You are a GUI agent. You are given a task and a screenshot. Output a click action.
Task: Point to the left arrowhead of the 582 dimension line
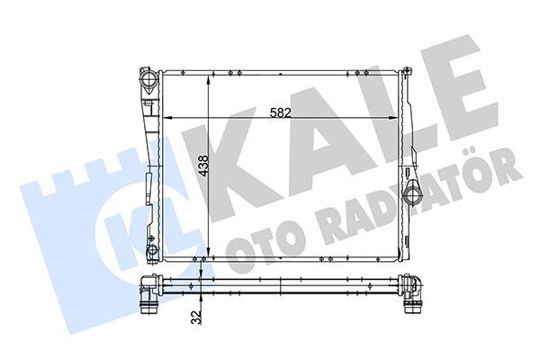pyautogui.click(x=166, y=118)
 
